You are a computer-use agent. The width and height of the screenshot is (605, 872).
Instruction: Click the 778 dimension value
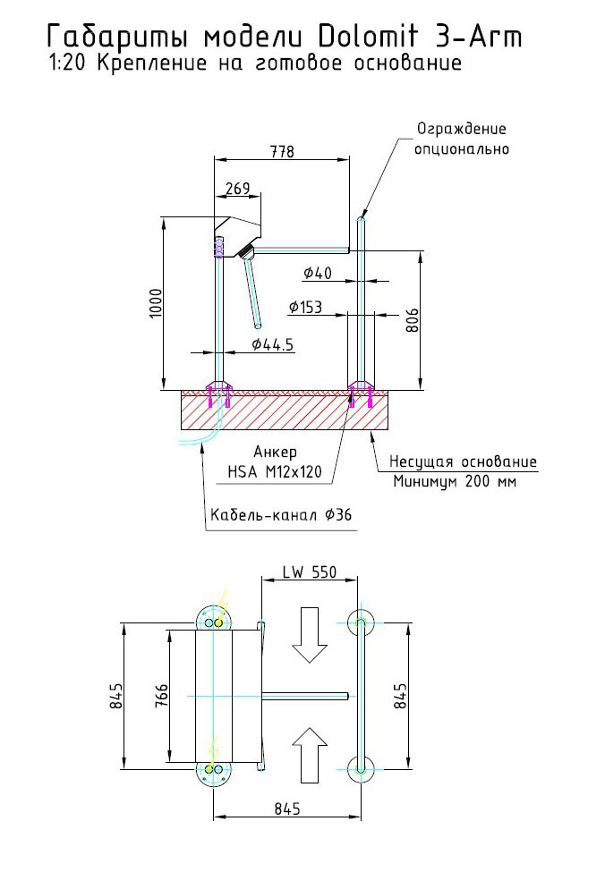pyautogui.click(x=281, y=152)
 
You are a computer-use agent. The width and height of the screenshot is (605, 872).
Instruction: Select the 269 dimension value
pyautogui.click(x=237, y=189)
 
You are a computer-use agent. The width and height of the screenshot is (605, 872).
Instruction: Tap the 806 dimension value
pyautogui.click(x=413, y=319)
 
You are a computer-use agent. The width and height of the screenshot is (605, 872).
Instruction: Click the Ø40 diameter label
pyautogui.click(x=318, y=273)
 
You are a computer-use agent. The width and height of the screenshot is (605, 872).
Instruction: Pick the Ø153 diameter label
pyautogui.click(x=305, y=307)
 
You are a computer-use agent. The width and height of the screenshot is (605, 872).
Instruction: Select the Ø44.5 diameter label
pyautogui.click(x=273, y=344)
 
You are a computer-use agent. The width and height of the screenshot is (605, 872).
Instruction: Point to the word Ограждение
pyautogui.click(x=461, y=130)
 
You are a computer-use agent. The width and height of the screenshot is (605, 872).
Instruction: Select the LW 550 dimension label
pyautogui.click(x=309, y=572)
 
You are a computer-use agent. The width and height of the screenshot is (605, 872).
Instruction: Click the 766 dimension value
pyautogui.click(x=162, y=696)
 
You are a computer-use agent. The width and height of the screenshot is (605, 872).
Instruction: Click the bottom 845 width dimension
pyautogui.click(x=284, y=808)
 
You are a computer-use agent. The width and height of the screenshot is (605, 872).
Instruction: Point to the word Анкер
pyautogui.click(x=275, y=453)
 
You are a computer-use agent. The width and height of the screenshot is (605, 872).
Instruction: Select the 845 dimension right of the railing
pyautogui.click(x=401, y=696)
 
